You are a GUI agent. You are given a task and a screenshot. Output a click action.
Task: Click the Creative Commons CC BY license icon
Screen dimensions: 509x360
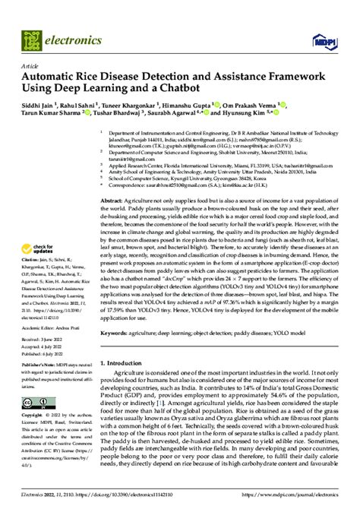[42, 402]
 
